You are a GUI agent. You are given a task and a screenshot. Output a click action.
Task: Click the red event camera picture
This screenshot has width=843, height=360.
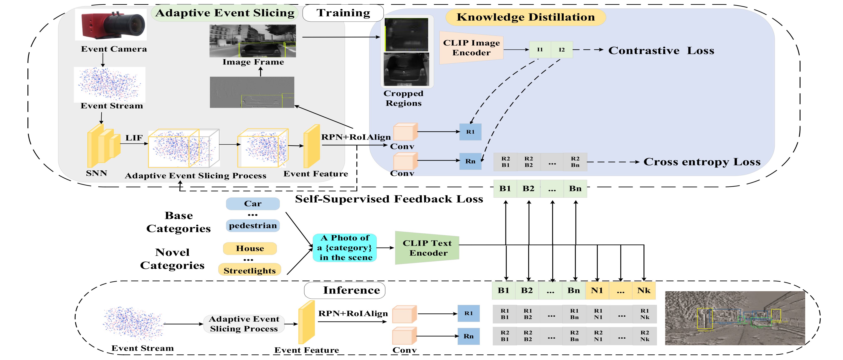111,24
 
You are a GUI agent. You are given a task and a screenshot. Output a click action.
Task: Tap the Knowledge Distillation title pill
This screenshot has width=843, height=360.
526,17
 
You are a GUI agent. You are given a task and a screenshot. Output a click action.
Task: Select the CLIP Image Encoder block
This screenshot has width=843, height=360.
471,48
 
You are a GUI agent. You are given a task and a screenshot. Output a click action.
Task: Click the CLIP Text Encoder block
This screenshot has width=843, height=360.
427,248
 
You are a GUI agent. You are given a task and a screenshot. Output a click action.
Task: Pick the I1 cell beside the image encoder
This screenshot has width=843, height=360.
540,50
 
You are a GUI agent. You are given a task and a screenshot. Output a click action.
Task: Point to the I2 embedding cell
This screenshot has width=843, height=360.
562,50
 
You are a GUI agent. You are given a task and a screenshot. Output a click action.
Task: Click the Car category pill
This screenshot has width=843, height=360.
253,203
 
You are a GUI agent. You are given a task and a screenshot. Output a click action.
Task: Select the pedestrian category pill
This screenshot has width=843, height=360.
253,226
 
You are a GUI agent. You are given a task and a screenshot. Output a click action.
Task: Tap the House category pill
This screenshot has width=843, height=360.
250,248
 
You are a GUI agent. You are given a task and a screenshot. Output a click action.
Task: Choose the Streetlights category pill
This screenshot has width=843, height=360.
249,270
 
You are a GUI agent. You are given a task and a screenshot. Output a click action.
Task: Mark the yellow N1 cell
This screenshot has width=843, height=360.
597,290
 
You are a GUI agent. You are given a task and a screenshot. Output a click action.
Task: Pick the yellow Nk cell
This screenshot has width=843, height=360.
644,290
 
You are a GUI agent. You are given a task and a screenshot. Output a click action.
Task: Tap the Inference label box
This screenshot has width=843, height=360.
345,290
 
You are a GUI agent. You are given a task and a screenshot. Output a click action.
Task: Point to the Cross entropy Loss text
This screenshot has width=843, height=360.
702,162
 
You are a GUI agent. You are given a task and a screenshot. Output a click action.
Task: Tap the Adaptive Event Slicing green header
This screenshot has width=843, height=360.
225,13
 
